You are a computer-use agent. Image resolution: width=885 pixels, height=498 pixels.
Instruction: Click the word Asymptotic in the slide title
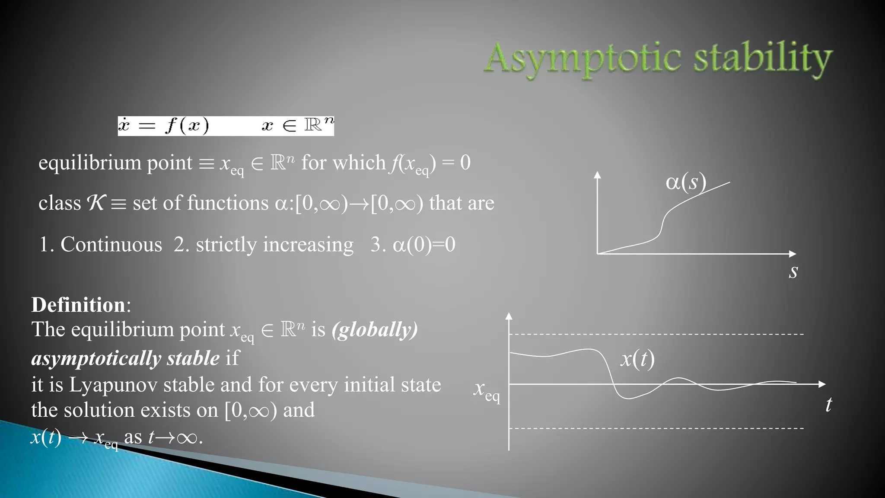[583, 58]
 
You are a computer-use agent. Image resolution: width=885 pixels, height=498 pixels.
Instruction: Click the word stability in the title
[763, 58]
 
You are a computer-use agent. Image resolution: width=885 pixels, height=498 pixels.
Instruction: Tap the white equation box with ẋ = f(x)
[226, 126]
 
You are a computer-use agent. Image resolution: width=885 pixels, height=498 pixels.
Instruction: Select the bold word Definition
[78, 305]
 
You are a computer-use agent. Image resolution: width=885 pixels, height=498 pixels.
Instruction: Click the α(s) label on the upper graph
[686, 182]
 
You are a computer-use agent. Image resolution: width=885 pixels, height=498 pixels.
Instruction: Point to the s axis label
[793, 271]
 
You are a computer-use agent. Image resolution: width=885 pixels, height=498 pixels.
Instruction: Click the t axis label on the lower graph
[828, 405]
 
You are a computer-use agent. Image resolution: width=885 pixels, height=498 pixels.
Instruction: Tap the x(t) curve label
[637, 358]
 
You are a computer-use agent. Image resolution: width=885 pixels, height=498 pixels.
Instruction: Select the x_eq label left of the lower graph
[487, 390]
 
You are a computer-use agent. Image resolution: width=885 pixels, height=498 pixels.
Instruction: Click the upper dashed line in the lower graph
[657, 334]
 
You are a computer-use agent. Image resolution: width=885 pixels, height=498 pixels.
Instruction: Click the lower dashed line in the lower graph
[657, 428]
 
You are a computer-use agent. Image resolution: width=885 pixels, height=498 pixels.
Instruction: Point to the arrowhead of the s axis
[793, 254]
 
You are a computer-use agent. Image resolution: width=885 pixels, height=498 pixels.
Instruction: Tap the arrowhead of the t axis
[822, 384]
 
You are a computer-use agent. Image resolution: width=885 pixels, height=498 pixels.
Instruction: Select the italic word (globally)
[375, 330]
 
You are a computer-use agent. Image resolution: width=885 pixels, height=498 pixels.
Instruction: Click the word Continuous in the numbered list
[111, 245]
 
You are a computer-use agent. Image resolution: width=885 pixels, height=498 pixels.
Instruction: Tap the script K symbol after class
[96, 203]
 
